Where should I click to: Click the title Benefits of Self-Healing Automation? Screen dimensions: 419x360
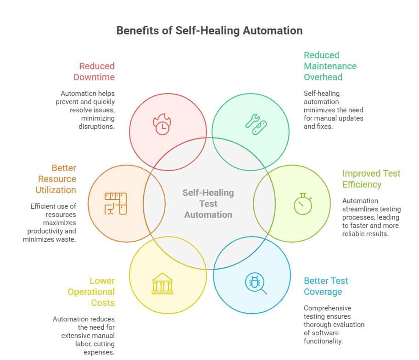(209, 31)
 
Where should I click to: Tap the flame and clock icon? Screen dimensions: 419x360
(162, 124)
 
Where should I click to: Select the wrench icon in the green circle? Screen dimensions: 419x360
(256, 124)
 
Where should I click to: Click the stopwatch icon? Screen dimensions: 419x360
(303, 204)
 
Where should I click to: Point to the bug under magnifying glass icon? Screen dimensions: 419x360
(256, 283)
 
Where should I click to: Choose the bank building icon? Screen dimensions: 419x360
(162, 283)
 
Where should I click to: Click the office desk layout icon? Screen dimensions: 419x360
(116, 204)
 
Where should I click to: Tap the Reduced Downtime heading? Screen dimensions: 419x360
(94, 72)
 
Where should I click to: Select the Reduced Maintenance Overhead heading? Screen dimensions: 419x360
(330, 66)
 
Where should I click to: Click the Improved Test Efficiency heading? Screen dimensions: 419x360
(371, 179)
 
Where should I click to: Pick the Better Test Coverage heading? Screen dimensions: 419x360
(326, 286)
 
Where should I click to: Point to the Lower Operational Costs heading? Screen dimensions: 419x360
(91, 292)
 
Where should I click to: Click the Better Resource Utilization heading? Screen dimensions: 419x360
(56, 179)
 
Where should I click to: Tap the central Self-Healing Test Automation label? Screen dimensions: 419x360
(208, 204)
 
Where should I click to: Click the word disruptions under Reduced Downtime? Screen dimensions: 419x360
(96, 126)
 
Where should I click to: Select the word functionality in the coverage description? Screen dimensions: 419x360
(323, 341)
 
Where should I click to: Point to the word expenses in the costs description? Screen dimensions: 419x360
(99, 352)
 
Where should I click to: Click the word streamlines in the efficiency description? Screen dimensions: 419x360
(371, 209)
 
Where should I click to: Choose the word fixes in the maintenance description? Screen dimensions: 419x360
(325, 126)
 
